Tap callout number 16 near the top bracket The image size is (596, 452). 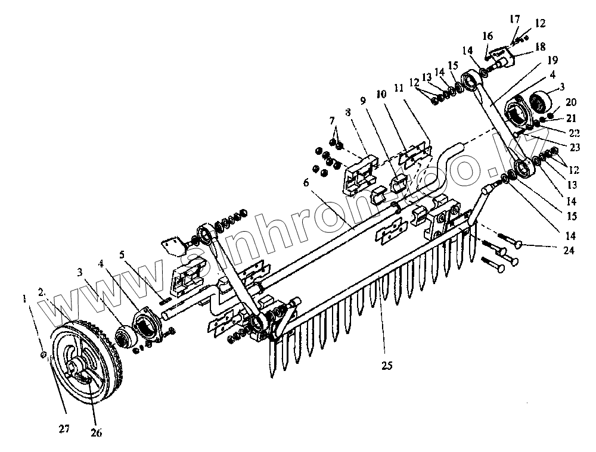pos(487,36)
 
